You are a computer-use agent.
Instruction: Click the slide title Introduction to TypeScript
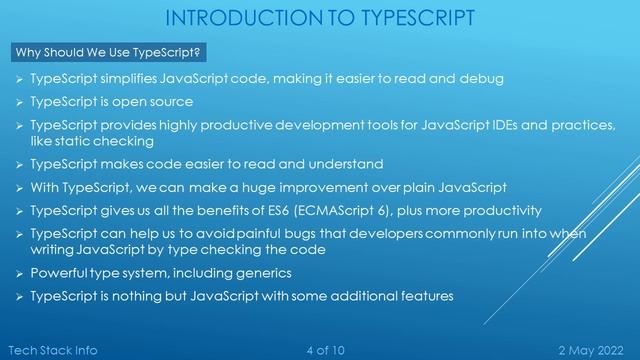point(320,17)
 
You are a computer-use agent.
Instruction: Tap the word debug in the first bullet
point(481,79)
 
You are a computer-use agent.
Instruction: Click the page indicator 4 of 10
point(324,349)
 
